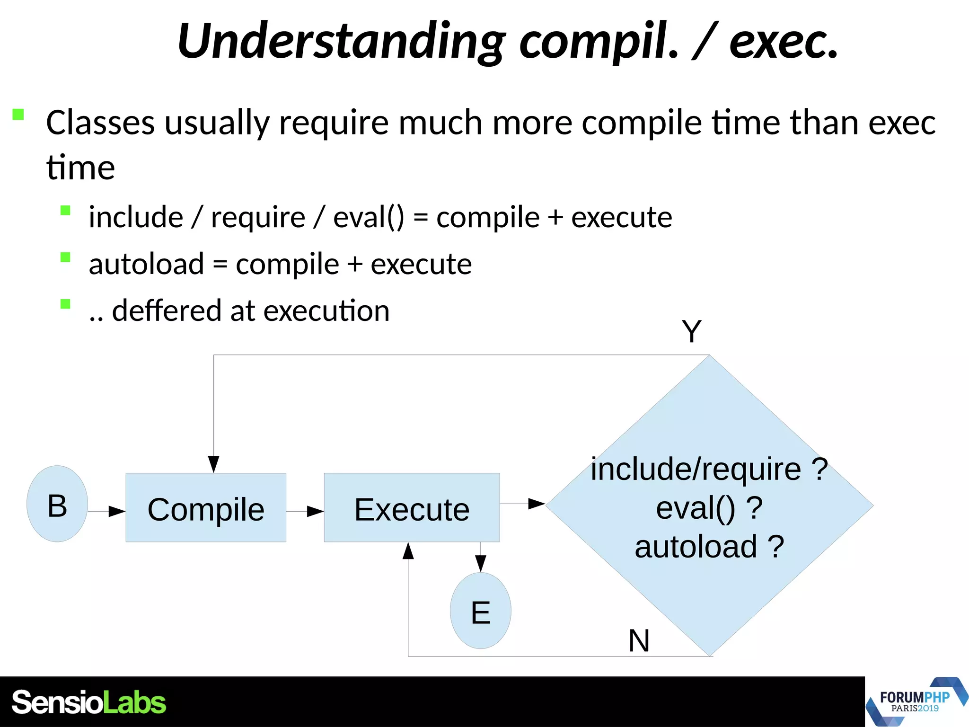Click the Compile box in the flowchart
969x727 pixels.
(206, 507)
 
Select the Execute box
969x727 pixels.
(412, 507)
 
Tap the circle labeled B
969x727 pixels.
(57, 504)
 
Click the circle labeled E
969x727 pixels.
(480, 611)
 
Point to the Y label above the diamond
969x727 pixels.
(691, 331)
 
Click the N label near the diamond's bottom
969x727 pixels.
(639, 641)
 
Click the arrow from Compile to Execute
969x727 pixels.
(306, 511)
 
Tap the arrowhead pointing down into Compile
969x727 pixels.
(214, 463)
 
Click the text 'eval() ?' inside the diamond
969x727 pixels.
(709, 508)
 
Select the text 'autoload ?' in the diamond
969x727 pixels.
(709, 547)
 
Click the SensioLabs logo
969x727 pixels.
(88, 702)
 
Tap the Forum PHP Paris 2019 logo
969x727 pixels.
(915, 701)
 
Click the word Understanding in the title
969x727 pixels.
(341, 42)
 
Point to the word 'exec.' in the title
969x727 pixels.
(783, 42)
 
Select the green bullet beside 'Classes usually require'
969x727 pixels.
(18, 115)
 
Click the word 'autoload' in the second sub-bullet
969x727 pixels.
(146, 264)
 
